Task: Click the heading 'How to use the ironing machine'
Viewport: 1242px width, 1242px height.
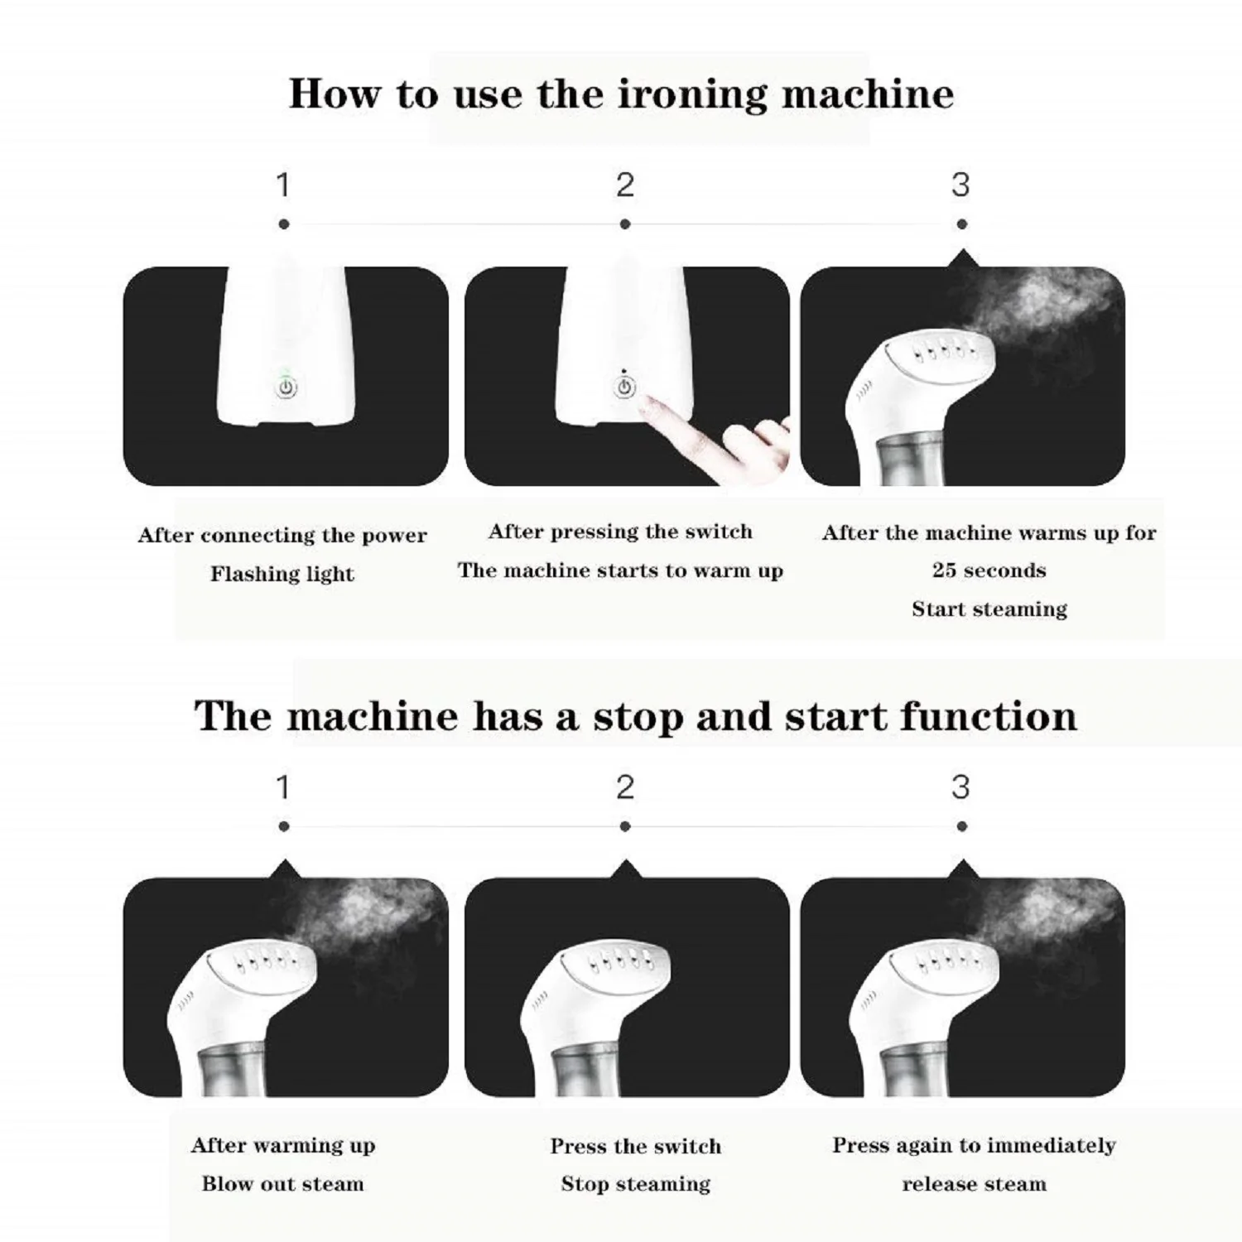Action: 621,94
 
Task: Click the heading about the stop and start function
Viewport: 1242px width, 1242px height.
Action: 635,715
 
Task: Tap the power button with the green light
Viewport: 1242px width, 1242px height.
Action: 286,387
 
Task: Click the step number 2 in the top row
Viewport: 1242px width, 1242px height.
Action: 625,185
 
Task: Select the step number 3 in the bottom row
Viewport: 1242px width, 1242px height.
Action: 960,787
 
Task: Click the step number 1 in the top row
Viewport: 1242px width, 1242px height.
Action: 283,185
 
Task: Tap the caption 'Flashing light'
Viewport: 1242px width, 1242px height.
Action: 282,574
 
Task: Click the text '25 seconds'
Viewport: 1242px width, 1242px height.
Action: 989,570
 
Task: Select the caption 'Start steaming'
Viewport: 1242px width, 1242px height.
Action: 989,609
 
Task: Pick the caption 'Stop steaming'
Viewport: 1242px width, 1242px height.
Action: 635,1184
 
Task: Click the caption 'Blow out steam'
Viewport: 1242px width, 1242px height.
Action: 282,1183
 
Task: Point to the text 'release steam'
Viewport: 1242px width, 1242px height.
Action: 974,1184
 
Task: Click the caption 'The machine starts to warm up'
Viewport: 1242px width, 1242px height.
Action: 620,570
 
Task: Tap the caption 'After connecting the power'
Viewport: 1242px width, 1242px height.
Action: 282,536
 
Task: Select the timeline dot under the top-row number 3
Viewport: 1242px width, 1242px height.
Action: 961,224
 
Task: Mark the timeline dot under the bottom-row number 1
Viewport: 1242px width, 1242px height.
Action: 284,826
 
